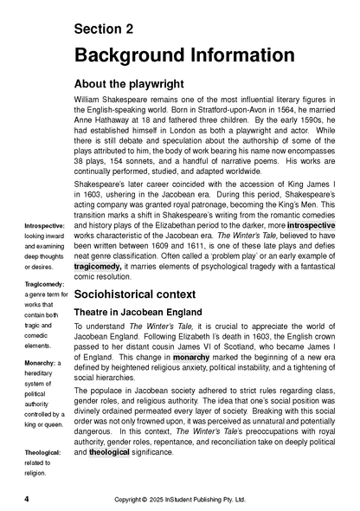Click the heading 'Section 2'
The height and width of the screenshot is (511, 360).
[x=104, y=29]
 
